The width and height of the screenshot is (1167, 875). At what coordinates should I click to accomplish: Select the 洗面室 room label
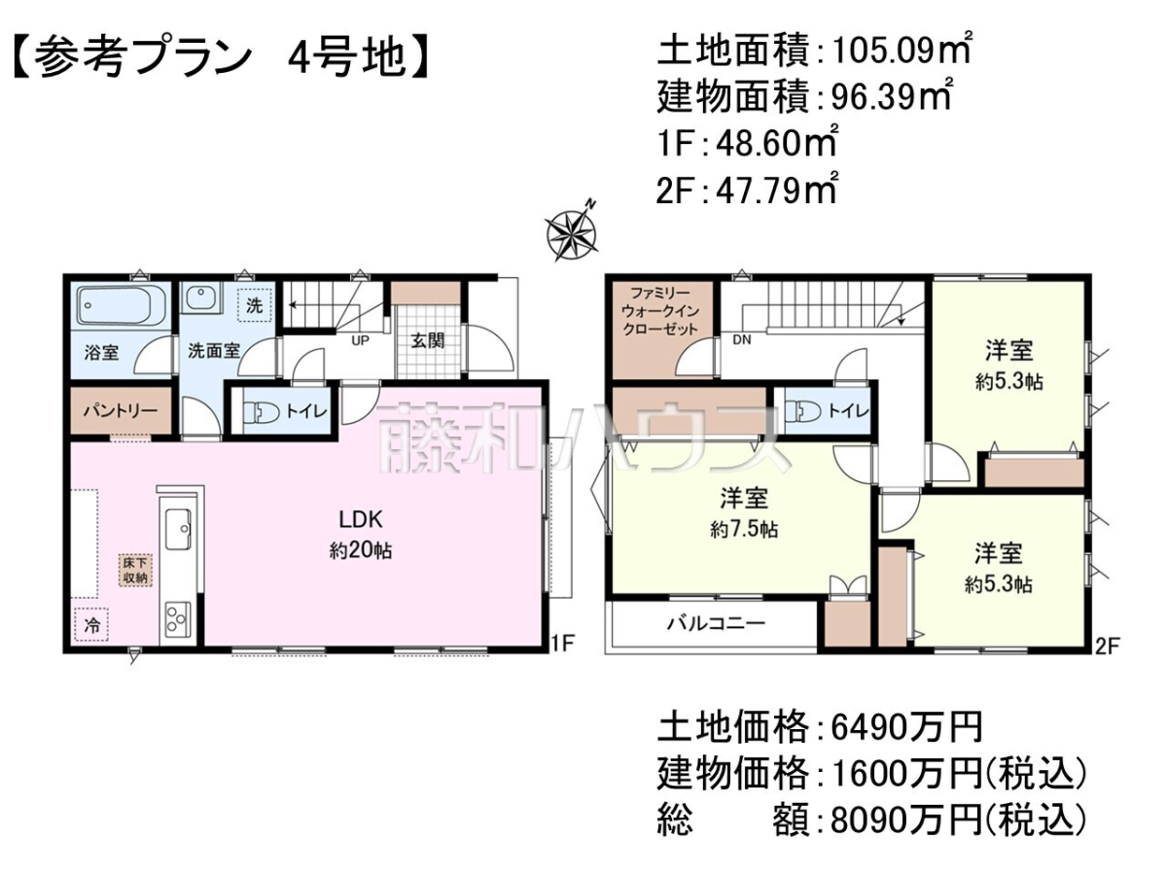pyautogui.click(x=214, y=351)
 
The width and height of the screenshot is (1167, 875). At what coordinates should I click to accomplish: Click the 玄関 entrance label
pyautogui.click(x=428, y=340)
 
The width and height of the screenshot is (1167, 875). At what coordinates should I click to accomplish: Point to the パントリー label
pyautogui.click(x=121, y=410)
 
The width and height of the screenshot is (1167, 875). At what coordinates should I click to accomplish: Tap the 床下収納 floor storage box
pyautogui.click(x=135, y=571)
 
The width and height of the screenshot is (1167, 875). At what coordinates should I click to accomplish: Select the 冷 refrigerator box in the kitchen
pyautogui.click(x=92, y=625)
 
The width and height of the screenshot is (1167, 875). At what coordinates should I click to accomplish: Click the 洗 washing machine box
pyautogui.click(x=255, y=305)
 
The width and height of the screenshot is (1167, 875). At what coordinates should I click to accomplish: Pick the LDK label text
pyautogui.click(x=361, y=519)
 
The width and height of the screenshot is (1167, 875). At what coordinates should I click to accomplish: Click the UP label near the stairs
pyautogui.click(x=360, y=340)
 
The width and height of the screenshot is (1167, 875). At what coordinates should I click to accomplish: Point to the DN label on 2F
pyautogui.click(x=742, y=339)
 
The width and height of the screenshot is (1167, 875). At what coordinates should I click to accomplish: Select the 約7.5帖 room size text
pyautogui.click(x=744, y=530)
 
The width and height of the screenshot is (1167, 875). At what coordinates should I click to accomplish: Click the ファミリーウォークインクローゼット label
pyautogui.click(x=660, y=311)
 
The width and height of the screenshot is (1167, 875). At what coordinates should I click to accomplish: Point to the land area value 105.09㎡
pyautogui.click(x=902, y=51)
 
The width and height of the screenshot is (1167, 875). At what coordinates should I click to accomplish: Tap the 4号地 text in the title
pyautogui.click(x=346, y=57)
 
